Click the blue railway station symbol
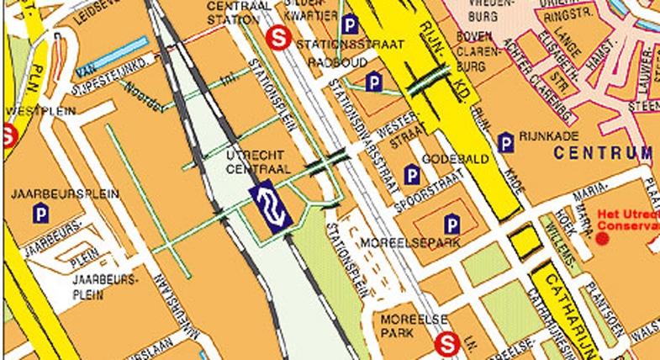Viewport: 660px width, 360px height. coord(271,205)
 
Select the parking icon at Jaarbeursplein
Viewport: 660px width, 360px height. coord(40,215)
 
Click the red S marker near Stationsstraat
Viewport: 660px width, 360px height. coord(276,37)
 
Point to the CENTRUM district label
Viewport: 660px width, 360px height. coord(602,153)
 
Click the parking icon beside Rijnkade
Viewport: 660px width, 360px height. coord(505,142)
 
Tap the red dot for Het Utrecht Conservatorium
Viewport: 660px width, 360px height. coord(602,238)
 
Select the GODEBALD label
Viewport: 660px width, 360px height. coord(462,159)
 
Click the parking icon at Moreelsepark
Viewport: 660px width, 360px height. coord(452,224)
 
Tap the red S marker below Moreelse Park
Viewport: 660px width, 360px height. coord(447,342)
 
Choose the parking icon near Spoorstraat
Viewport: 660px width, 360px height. coord(411,175)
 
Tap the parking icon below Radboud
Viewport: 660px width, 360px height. coord(374,82)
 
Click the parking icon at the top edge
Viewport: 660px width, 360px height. coord(350,25)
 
